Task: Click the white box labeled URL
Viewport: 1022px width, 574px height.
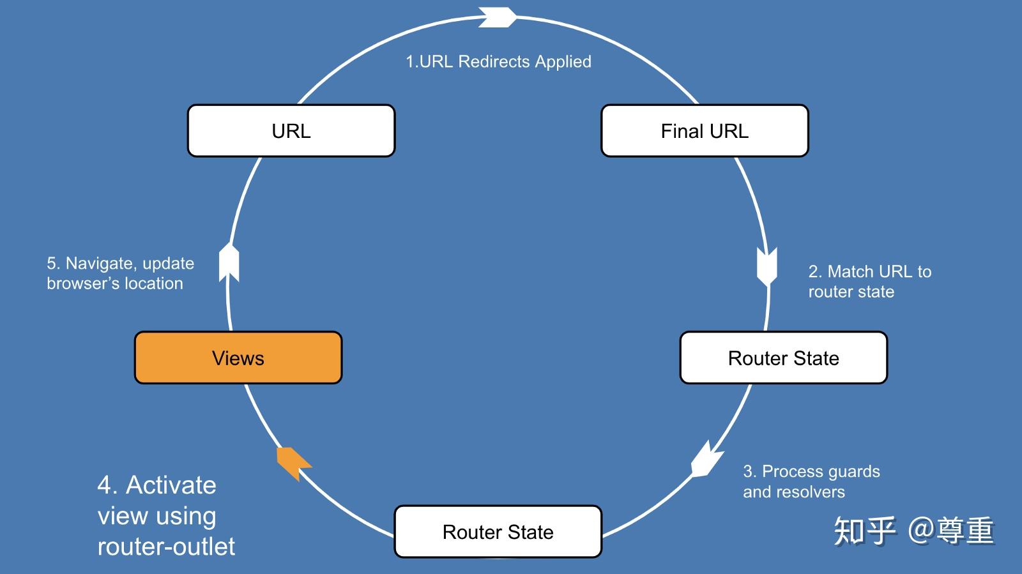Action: coord(291,131)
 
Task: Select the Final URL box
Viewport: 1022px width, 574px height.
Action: coord(705,131)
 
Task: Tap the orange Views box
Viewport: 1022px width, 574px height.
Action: coord(238,358)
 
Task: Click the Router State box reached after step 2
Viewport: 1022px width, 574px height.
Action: coord(783,358)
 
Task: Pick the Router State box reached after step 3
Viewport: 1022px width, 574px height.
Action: coord(498,532)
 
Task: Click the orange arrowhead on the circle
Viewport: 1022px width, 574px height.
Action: coord(294,463)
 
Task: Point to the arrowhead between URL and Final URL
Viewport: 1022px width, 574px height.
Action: coord(498,17)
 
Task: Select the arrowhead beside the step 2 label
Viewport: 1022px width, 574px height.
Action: coord(767,267)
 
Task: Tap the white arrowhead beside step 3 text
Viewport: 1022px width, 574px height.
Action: coord(706,460)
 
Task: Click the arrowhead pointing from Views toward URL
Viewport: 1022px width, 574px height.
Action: coord(229,262)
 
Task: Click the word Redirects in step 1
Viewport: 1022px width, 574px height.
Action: coord(494,61)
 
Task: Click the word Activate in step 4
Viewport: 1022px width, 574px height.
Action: coord(171,485)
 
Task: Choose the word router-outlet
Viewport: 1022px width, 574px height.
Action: coord(166,546)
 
